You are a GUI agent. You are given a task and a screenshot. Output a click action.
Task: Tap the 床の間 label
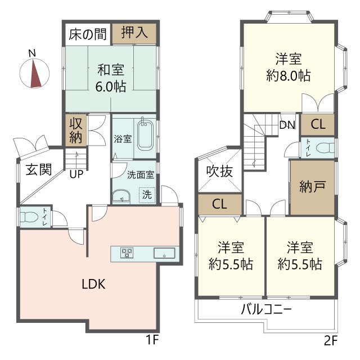88,34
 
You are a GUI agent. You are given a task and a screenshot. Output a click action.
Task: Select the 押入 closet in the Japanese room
134,33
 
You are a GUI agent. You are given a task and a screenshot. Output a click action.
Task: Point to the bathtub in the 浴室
145,134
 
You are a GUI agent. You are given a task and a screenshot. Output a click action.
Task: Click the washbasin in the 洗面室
120,196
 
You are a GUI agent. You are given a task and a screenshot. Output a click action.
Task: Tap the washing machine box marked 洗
146,195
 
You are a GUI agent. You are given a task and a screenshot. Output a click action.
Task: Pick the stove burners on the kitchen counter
127,253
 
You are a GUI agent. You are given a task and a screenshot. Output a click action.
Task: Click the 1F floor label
151,340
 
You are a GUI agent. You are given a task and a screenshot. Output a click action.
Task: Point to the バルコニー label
265,309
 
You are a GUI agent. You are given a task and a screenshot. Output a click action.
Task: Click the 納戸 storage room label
311,187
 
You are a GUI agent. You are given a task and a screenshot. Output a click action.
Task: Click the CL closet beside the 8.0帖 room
317,124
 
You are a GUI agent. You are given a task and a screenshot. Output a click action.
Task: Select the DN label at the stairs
287,125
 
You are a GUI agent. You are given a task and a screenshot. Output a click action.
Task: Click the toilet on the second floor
323,148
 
